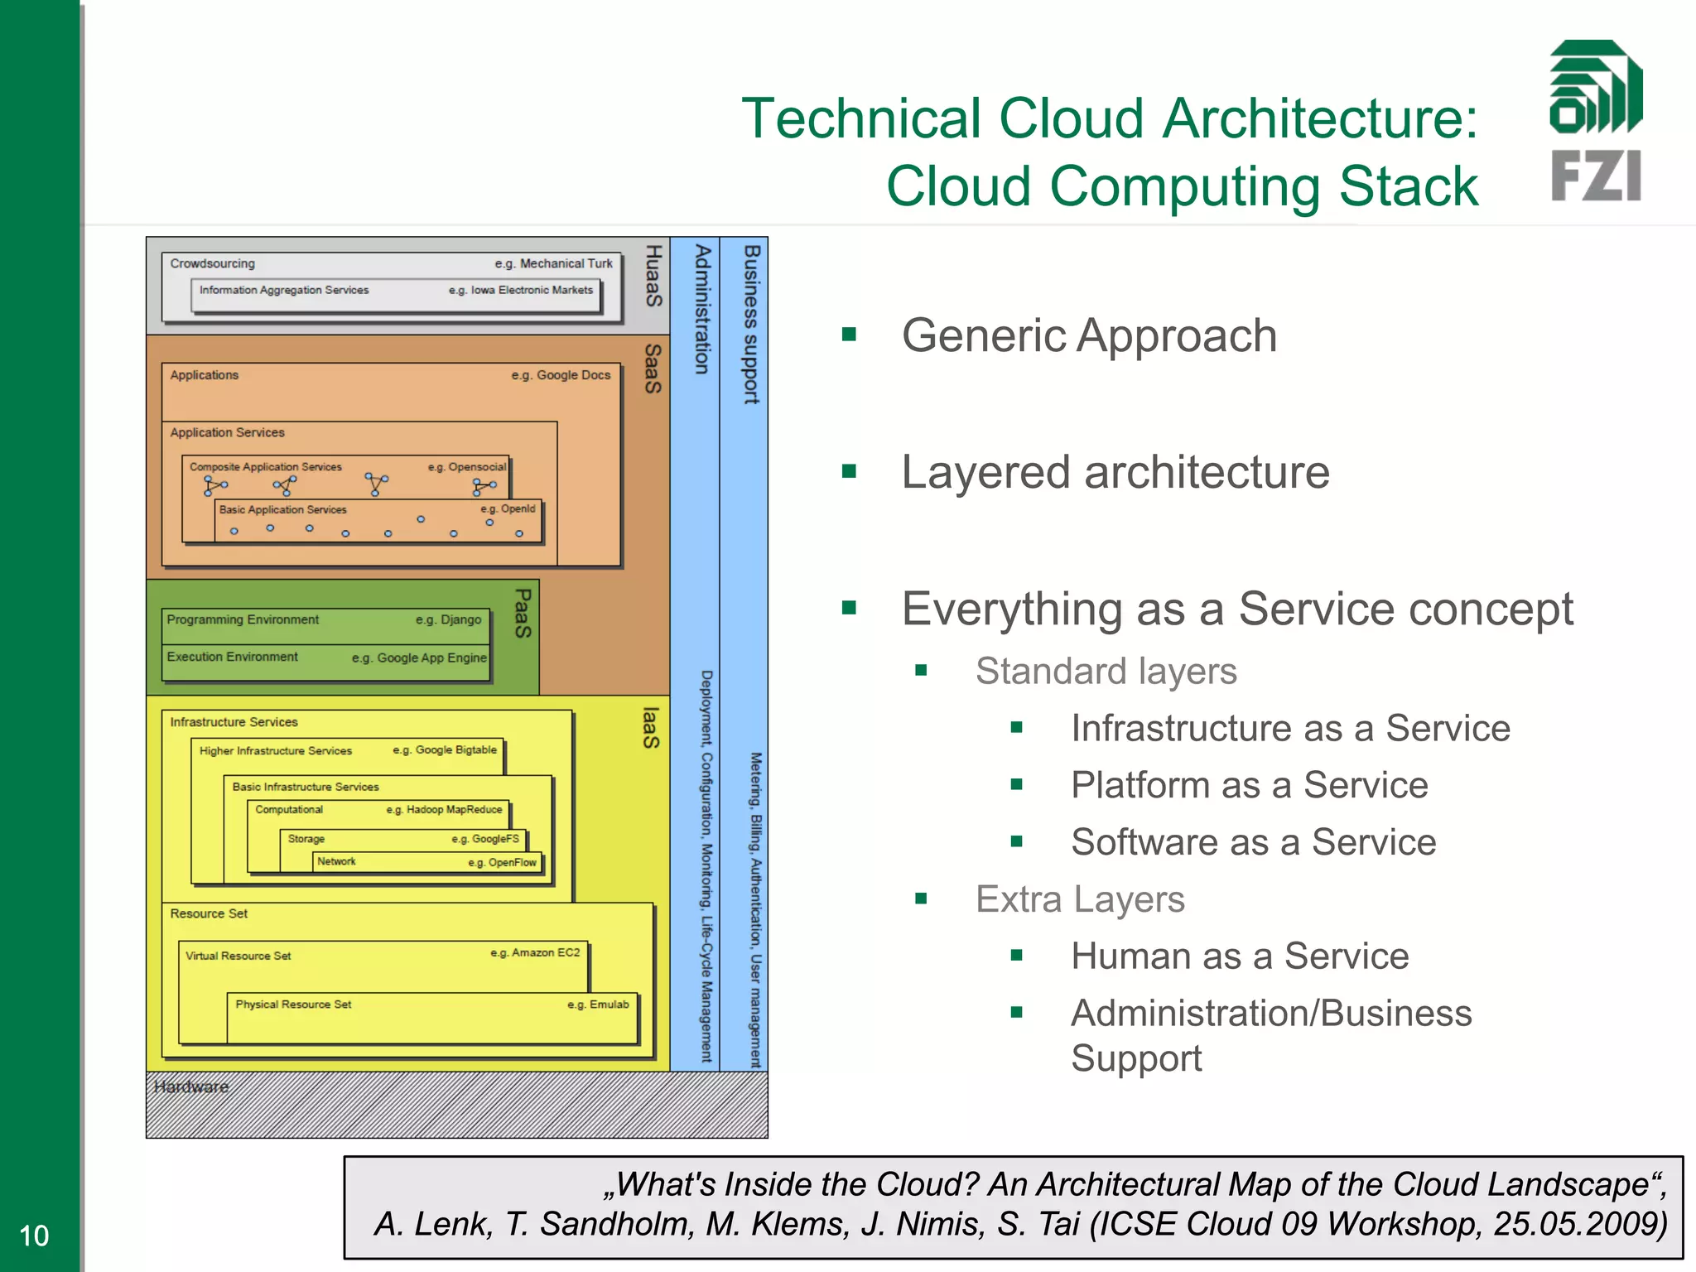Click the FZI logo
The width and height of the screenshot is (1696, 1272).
(1596, 121)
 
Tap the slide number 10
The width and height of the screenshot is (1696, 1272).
(34, 1236)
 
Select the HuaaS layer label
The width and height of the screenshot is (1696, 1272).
(653, 276)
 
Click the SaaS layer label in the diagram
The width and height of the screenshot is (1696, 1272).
(653, 369)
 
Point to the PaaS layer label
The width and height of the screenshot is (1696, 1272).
(523, 613)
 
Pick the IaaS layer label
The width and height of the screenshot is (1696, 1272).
(652, 727)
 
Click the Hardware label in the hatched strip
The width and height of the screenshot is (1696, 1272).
(191, 1086)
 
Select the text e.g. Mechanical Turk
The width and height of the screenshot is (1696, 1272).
(553, 263)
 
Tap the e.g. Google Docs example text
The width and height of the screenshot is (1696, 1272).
(561, 375)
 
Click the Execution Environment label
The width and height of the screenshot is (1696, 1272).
(232, 657)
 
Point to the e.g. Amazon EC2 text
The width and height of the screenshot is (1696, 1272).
(535, 953)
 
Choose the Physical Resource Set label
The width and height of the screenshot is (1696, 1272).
(293, 1005)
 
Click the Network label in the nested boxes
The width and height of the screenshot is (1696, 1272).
(336, 862)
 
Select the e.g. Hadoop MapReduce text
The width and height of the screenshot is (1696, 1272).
(444, 810)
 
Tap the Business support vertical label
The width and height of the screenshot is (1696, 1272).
(751, 324)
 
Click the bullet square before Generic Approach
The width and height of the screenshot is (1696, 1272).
(849, 335)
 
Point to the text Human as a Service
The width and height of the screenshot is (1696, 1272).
(1239, 956)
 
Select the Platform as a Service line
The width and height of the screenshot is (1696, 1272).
(1249, 785)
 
